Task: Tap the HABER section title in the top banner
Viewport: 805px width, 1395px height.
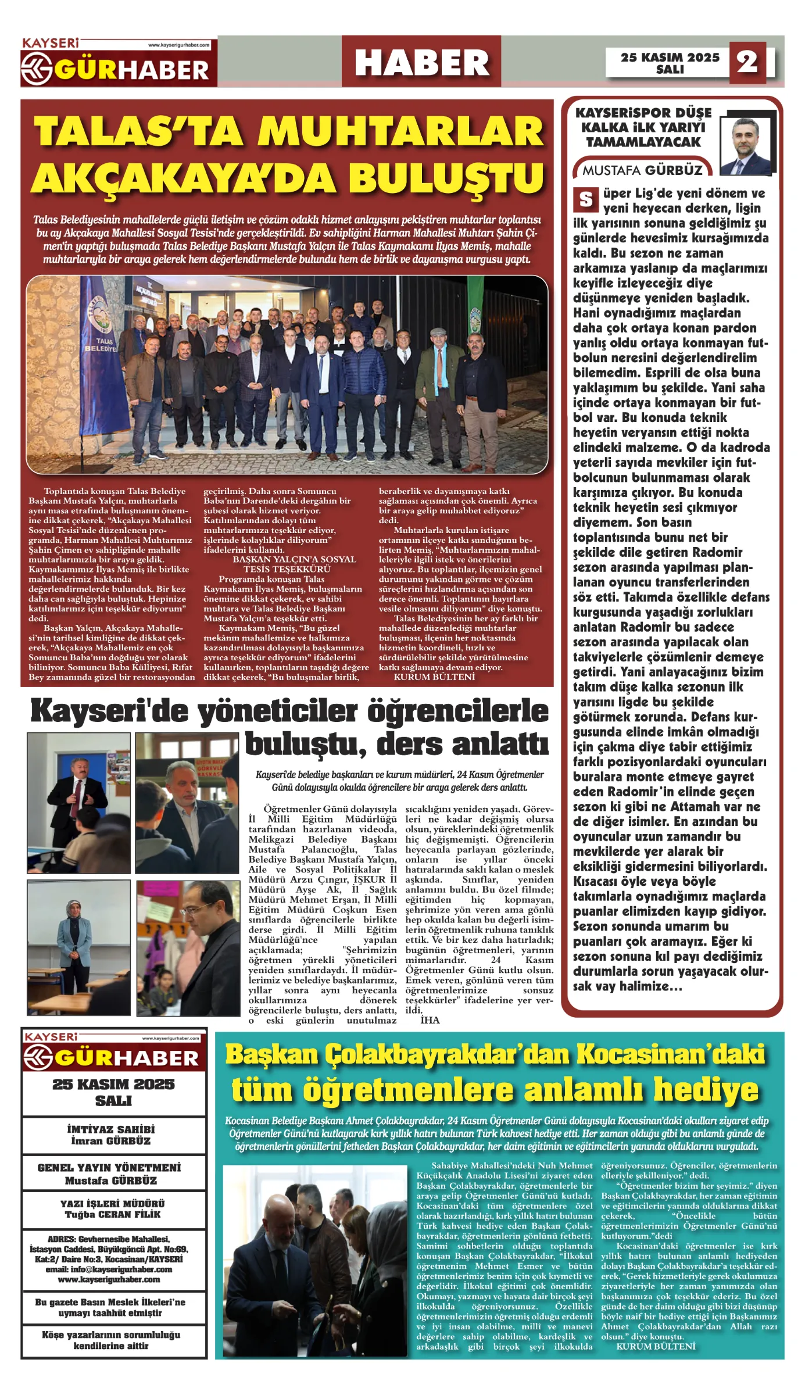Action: tap(421, 62)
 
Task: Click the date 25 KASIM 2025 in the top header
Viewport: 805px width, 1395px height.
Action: tap(670, 57)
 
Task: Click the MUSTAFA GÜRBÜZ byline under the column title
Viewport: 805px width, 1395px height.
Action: tap(642, 170)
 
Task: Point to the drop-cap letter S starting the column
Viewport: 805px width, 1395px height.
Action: tap(586, 199)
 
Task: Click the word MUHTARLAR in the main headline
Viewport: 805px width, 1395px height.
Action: tap(401, 131)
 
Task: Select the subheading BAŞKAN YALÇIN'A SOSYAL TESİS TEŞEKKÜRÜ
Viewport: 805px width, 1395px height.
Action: tap(287, 564)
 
